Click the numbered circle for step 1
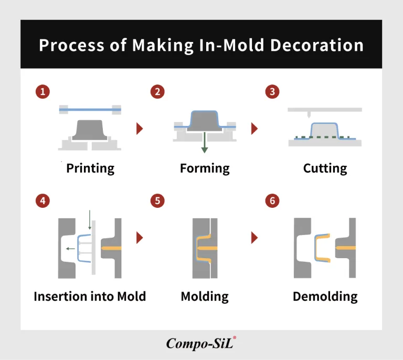[x=42, y=92]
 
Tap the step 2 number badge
[x=157, y=92]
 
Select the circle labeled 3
[x=272, y=92]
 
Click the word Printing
[x=90, y=168]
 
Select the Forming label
[x=205, y=168]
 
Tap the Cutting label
[x=325, y=168]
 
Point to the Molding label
[x=205, y=297]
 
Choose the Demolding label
[x=325, y=297]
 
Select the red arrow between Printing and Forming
[x=140, y=129]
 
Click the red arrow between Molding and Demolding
[x=254, y=237]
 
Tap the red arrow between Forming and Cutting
[x=254, y=129]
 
